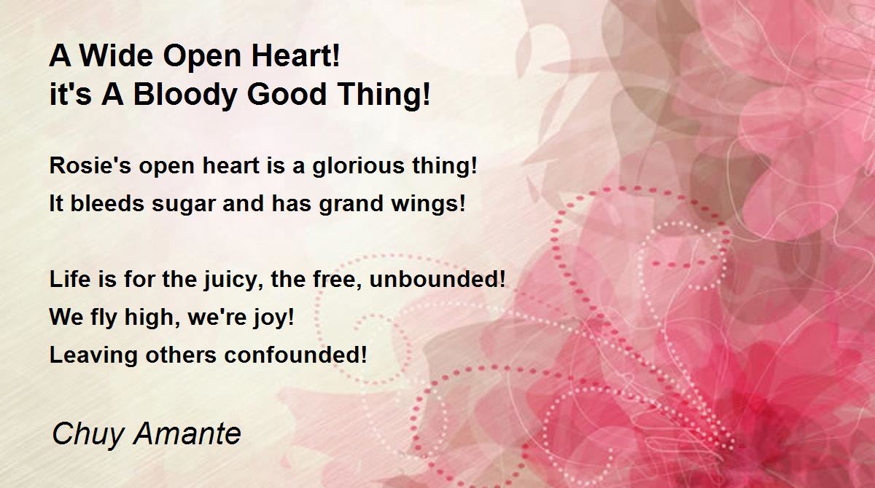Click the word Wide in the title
[x=117, y=56]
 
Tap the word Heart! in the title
[x=295, y=56]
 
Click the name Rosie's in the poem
[x=90, y=165]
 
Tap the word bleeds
[x=107, y=203]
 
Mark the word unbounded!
[x=437, y=279]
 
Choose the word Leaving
[x=94, y=355]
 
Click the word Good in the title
[x=287, y=95]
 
